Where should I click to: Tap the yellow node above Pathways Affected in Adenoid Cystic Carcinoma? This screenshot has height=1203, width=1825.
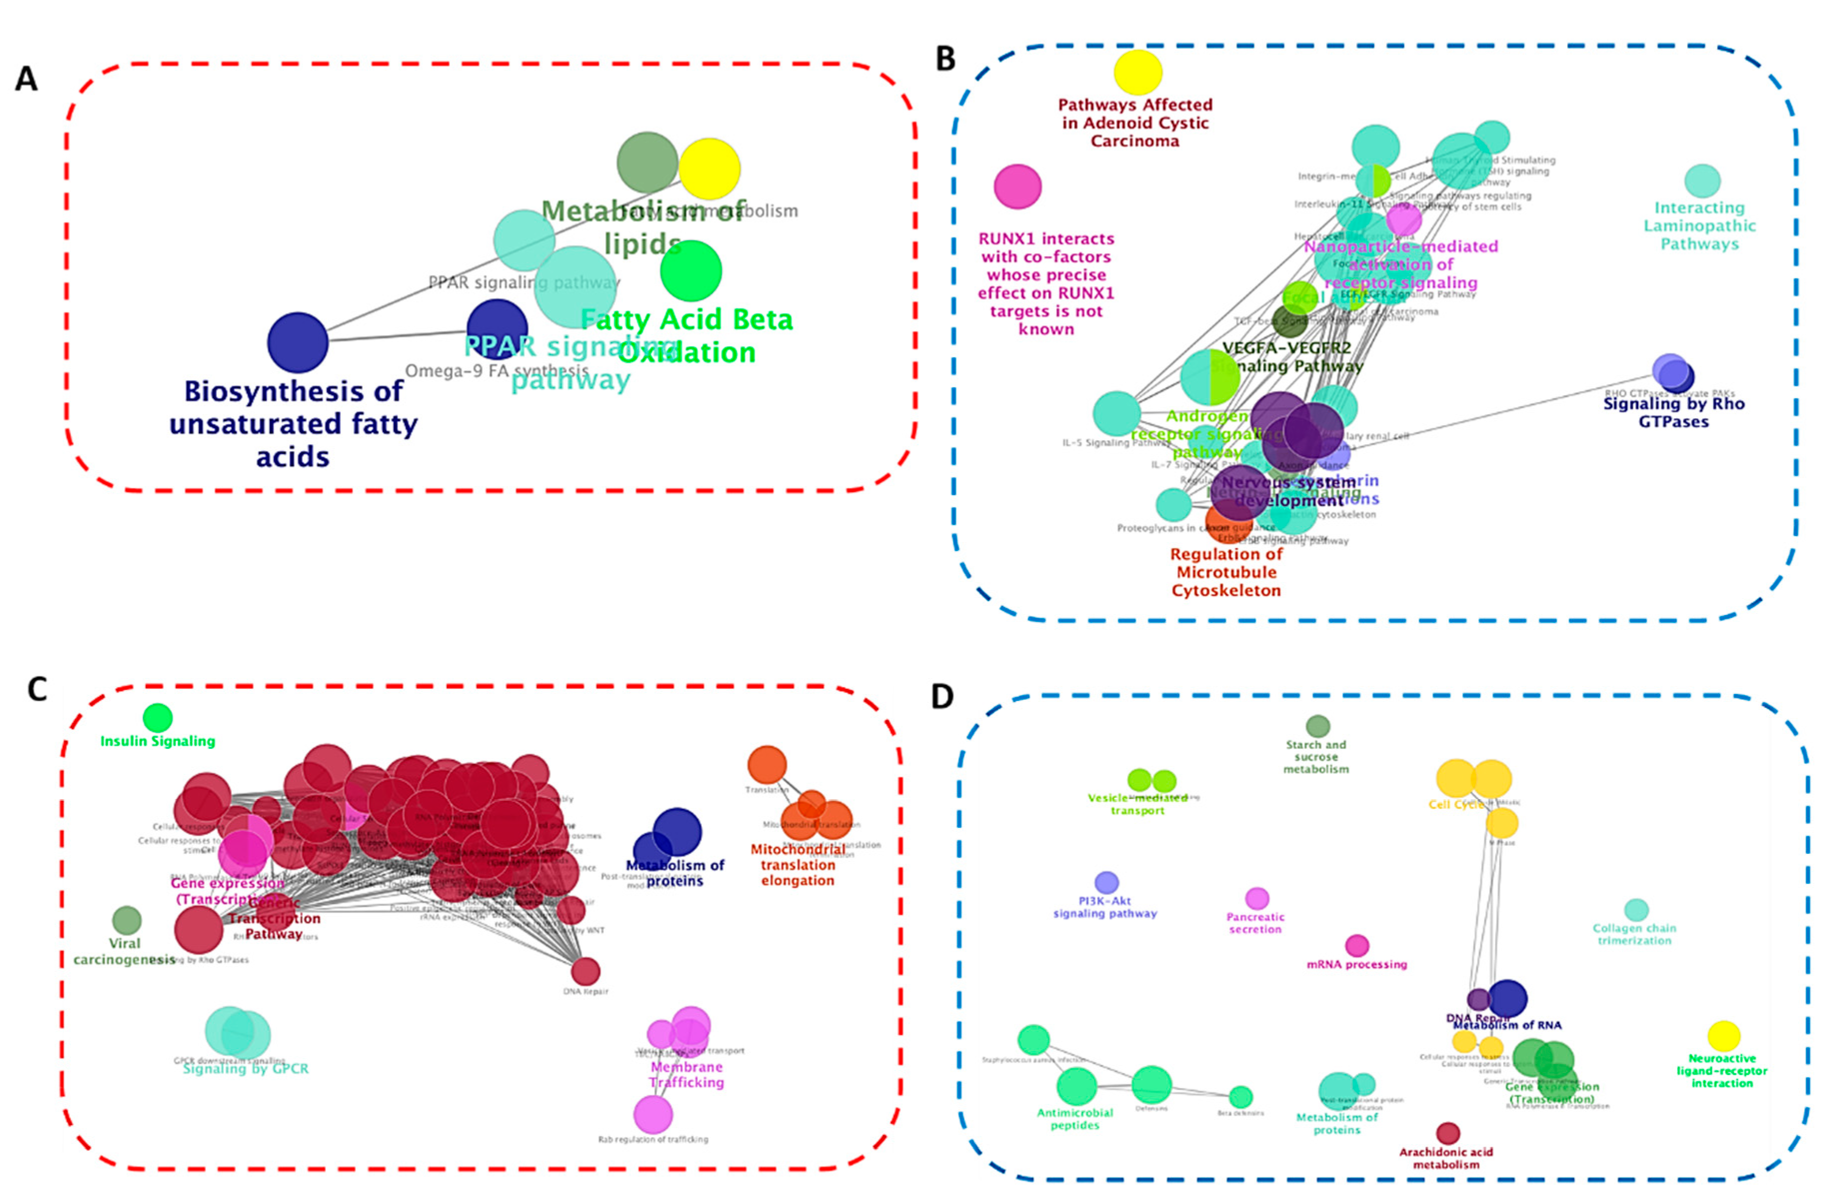(x=1137, y=73)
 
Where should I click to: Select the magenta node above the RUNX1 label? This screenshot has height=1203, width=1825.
(x=1018, y=186)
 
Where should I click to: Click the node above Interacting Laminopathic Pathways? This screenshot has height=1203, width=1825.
(x=1702, y=181)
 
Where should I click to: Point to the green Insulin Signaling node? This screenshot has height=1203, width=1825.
(x=158, y=718)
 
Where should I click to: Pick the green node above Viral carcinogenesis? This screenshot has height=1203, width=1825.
(x=126, y=920)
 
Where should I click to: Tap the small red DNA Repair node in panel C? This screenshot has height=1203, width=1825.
(x=585, y=971)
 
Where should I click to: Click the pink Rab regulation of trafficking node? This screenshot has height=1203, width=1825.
(x=653, y=1114)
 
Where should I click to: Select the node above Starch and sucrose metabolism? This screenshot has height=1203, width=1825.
(x=1318, y=726)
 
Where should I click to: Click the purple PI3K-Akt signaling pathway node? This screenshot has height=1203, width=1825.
(x=1106, y=882)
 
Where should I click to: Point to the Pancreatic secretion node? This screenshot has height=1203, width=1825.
(x=1256, y=898)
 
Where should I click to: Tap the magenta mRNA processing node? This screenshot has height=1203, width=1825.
(x=1357, y=945)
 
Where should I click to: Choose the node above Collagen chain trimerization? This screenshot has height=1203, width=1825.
(x=1636, y=910)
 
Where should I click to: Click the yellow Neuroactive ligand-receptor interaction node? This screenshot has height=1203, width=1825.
(x=1724, y=1036)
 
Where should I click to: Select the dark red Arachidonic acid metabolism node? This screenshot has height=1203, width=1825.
(x=1448, y=1133)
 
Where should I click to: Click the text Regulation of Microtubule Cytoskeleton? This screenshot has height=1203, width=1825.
(x=1226, y=573)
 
